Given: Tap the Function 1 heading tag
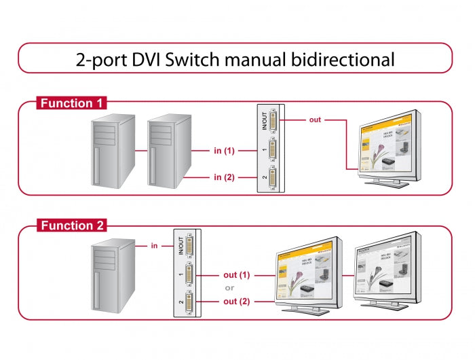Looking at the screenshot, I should [x=71, y=103].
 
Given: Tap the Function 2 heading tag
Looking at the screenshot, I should [x=71, y=226].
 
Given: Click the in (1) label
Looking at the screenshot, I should [x=224, y=150].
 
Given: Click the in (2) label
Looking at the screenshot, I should [x=224, y=177].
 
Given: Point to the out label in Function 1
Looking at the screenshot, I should [x=314, y=120].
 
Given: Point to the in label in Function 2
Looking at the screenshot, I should [x=154, y=245].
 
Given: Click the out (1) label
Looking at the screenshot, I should [x=236, y=275].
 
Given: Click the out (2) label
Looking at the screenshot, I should [x=236, y=301].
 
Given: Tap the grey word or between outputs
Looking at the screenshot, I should [x=230, y=288].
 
